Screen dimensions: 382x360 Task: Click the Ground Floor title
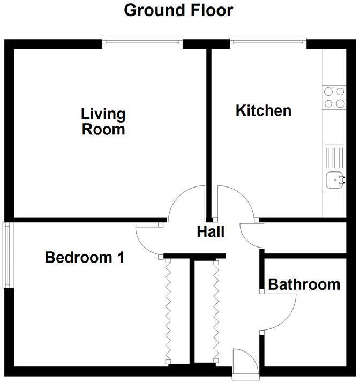point(179,10)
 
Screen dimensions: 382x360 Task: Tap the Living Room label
point(103,122)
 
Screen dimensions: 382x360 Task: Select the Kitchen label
point(264,111)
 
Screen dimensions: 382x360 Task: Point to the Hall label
point(210,232)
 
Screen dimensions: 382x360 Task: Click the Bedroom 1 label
point(85,258)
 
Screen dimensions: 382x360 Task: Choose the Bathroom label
point(304,284)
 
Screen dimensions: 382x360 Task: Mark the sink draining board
point(334,157)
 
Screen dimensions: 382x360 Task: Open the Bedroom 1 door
point(150,238)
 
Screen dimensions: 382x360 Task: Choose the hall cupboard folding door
point(216,311)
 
